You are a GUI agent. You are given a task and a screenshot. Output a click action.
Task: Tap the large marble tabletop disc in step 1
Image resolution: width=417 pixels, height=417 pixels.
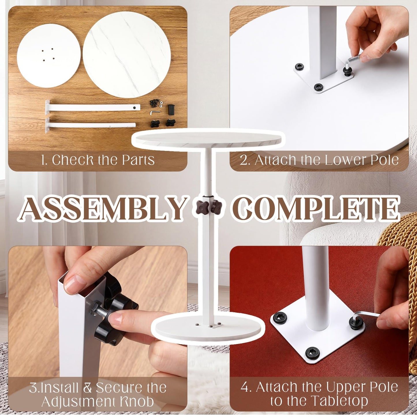[x=127, y=55]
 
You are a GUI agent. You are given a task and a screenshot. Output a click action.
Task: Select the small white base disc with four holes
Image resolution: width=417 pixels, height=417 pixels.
[x=49, y=56]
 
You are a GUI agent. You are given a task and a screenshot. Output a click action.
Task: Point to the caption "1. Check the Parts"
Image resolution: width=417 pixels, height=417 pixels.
[x=98, y=160]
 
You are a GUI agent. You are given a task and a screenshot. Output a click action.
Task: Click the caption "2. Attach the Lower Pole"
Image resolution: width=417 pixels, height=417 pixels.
[x=319, y=160]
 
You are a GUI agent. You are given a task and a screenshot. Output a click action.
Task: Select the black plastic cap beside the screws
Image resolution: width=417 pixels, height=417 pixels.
[x=171, y=109]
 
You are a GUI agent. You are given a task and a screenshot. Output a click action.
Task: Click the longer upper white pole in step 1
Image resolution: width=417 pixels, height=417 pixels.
[x=93, y=108]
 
